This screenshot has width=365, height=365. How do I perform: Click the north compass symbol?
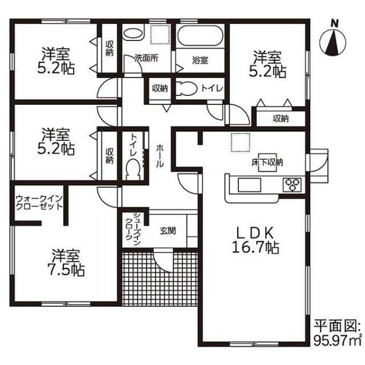pos(332,40)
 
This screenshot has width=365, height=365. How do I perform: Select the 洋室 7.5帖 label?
pos(66,262)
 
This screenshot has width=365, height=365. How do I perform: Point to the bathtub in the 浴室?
pos(200,35)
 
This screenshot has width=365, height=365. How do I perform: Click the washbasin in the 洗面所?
pos(133,34)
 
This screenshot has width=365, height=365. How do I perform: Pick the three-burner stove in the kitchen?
pos(292,185)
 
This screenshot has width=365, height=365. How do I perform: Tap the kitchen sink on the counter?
pos(249,185)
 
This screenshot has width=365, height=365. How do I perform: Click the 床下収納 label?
pos(267,162)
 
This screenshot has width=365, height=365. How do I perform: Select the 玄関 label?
pos(168,230)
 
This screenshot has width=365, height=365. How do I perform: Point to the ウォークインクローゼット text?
pos(39,203)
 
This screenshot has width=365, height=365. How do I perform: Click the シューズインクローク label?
pos(133,229)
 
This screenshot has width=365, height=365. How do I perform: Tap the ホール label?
pos(160,156)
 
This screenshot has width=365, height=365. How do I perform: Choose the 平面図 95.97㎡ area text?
pos(338,334)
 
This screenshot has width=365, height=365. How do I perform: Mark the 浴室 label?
pos(200,60)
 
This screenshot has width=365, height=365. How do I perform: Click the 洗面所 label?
pos(146,58)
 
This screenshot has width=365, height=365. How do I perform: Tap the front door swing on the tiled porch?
pos(163,260)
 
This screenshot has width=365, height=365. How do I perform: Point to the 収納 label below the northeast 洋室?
pos(281,119)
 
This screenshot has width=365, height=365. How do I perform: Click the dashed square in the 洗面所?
pos(160,34)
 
